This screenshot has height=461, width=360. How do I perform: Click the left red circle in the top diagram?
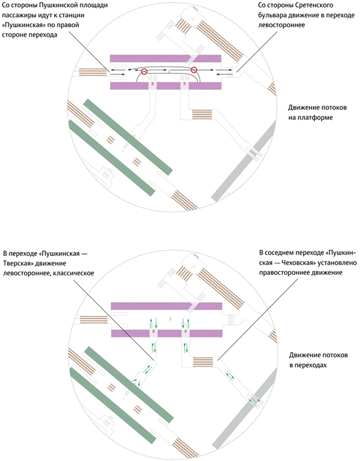click(x=145, y=72)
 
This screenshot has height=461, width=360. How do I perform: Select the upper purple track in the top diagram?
click(x=166, y=60)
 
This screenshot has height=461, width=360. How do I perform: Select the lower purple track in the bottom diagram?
click(x=166, y=333)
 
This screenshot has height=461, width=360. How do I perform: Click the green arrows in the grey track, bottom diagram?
click(x=254, y=399)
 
